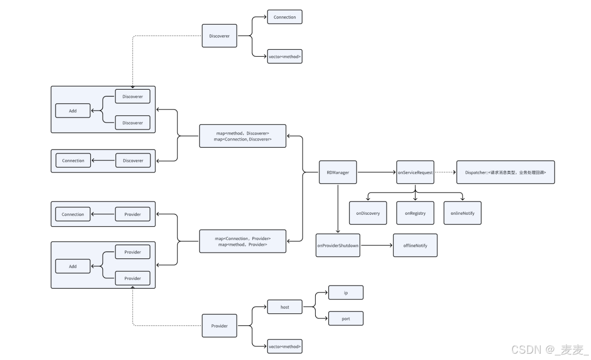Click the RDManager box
coord(338,172)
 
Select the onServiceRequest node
coord(415,172)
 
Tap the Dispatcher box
coord(505,172)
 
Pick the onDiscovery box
coord(368,213)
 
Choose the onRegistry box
coord(415,213)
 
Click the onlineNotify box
coord(462,213)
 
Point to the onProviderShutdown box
coord(338,245)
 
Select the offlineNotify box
coord(415,245)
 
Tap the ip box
coord(346,292)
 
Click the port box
coord(346,318)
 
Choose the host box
coord(285,307)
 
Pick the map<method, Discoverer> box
coord(243,136)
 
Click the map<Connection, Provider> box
coord(243,242)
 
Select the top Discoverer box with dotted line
coord(219,36)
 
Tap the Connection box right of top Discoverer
coord(285,17)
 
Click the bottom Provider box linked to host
coord(219,326)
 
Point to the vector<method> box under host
coord(285,346)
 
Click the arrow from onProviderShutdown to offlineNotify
coord(377,245)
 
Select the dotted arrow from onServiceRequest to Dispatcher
coord(445,172)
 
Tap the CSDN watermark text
coord(550,350)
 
